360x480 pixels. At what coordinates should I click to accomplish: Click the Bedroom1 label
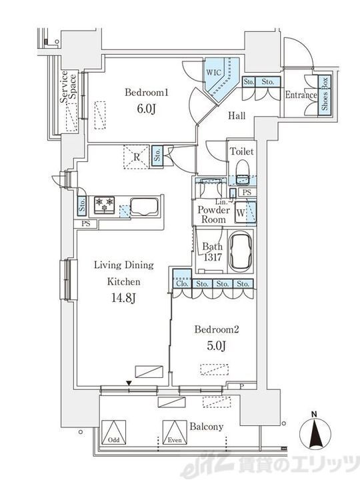pyautogui.click(x=147, y=92)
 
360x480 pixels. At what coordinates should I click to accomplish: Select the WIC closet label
pyautogui.click(x=213, y=73)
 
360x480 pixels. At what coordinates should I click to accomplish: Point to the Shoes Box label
pyautogui.click(x=325, y=94)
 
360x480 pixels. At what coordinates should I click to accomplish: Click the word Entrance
pyautogui.click(x=301, y=95)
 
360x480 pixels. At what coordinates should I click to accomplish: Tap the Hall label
pyautogui.click(x=237, y=116)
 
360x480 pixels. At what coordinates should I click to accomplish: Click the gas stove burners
pyautogui.click(x=104, y=205)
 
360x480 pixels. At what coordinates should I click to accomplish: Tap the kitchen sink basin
pyautogui.click(x=145, y=207)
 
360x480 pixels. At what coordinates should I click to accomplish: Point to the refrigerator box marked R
pyautogui.click(x=136, y=157)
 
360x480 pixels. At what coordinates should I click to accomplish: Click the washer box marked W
pyautogui.click(x=241, y=213)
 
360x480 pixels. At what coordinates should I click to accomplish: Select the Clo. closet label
pyautogui.click(x=182, y=284)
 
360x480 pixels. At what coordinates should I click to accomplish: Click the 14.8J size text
pyautogui.click(x=123, y=298)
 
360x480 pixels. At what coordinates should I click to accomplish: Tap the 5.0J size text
pyautogui.click(x=217, y=346)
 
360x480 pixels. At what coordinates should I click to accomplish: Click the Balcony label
pyautogui.click(x=206, y=427)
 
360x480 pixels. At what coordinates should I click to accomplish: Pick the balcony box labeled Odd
pyautogui.click(x=114, y=432)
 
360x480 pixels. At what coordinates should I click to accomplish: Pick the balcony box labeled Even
pyautogui.click(x=175, y=432)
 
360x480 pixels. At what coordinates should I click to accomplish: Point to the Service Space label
pyautogui.click(x=68, y=87)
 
